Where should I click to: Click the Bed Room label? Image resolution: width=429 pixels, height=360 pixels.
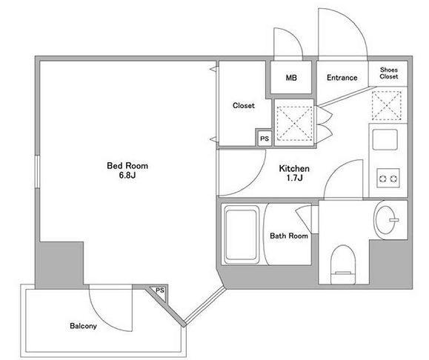pos(127,166)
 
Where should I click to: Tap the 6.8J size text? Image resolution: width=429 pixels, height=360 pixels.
pos(127,175)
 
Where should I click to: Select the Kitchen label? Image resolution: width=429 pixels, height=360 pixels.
pos(294,168)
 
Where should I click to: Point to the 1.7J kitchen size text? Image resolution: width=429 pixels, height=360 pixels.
pos(294,178)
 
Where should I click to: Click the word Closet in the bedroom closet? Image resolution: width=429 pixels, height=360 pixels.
pos(244,105)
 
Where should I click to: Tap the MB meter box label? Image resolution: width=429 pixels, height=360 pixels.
pos(291,78)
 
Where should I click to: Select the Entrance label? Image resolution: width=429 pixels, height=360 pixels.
pos(342,78)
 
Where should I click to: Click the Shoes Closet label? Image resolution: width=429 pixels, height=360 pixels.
pos(388,73)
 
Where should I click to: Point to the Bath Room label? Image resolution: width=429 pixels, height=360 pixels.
pos(289,236)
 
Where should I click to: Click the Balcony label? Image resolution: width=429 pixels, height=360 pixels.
pos(83,326)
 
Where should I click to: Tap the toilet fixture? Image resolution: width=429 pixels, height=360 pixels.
pos(343,264)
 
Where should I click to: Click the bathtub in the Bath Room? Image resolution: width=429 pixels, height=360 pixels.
pos(241,234)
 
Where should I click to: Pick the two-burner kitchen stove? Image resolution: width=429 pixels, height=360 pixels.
pos(388,178)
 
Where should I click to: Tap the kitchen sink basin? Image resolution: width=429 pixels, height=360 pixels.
pos(385,139)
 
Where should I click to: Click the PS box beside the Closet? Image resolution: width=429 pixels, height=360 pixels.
pos(264,139)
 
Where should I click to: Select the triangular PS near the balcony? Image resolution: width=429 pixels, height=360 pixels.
pos(158,293)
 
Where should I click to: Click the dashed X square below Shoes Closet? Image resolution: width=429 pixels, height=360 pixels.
pos(387,106)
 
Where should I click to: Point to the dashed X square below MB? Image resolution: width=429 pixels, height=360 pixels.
pos(294,124)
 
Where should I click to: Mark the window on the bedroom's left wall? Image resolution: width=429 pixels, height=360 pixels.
pos(38,172)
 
